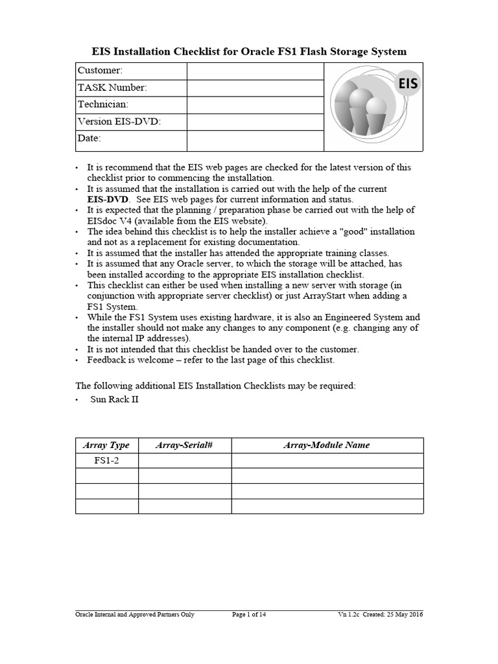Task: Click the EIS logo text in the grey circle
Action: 407,83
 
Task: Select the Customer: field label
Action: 100,71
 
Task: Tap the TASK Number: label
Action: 112,88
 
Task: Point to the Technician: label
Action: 103,104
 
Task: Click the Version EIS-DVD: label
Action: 119,121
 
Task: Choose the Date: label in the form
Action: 89,138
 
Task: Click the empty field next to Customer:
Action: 255,71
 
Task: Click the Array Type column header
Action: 107,445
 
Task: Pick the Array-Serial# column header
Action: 185,445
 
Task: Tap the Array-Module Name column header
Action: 327,445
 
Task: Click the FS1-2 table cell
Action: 107,460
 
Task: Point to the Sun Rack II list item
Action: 114,399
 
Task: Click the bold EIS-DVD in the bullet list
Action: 109,199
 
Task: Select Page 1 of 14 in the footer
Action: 248,615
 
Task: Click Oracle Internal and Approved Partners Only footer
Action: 135,615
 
